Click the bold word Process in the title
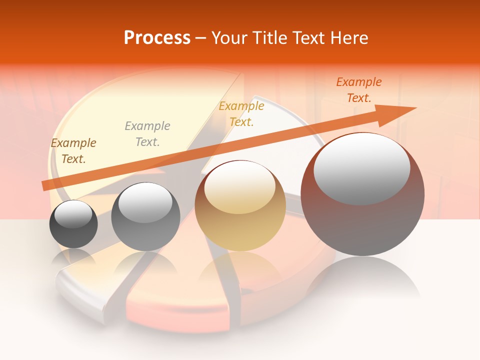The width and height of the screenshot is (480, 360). click(x=157, y=38)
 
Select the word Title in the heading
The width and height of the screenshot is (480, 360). click(x=270, y=38)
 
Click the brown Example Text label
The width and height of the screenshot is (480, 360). click(x=73, y=151)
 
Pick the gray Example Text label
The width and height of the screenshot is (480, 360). click(x=147, y=134)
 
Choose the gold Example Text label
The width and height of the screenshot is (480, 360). click(x=241, y=114)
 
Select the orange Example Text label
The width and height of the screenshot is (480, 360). click(x=359, y=90)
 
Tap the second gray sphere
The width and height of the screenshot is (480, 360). click(x=145, y=217)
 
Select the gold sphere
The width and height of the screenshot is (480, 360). click(x=240, y=206)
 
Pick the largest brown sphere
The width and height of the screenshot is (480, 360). click(x=362, y=195)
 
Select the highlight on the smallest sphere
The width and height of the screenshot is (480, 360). click(x=73, y=214)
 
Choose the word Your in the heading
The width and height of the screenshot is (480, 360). click(x=229, y=38)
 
